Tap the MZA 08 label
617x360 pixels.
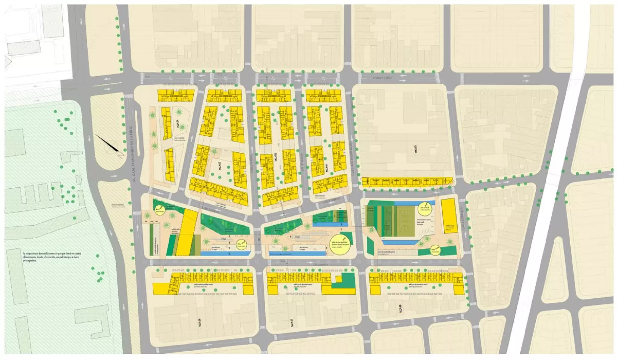click(400, 309)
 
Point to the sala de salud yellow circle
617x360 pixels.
click(425, 208)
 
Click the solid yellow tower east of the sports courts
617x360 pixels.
click(449, 215)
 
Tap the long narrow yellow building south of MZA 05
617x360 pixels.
click(407, 181)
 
